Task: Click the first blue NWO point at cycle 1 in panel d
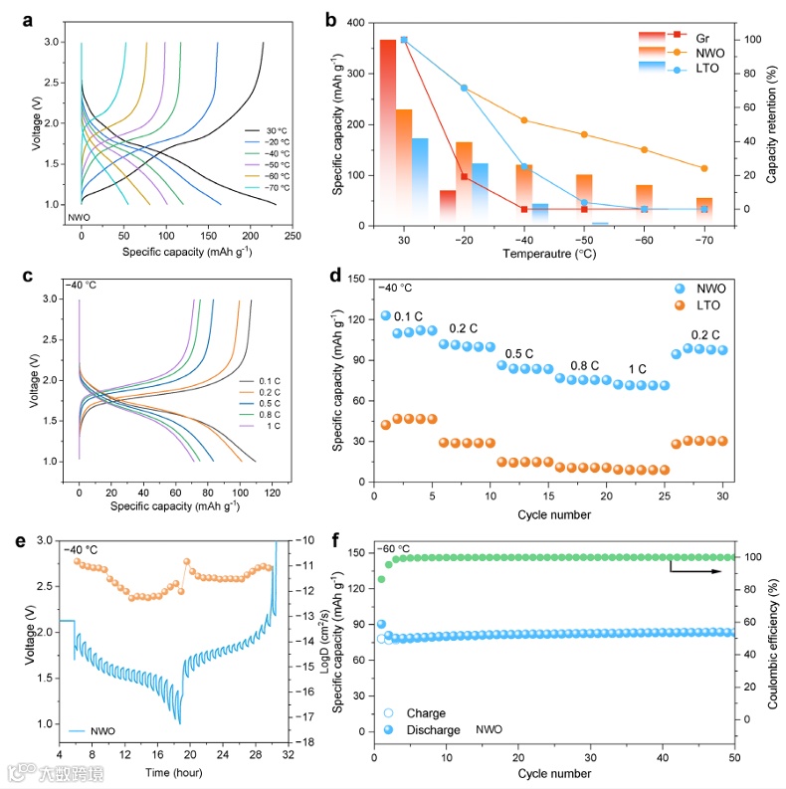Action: (385, 315)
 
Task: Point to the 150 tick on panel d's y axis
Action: (363, 278)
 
